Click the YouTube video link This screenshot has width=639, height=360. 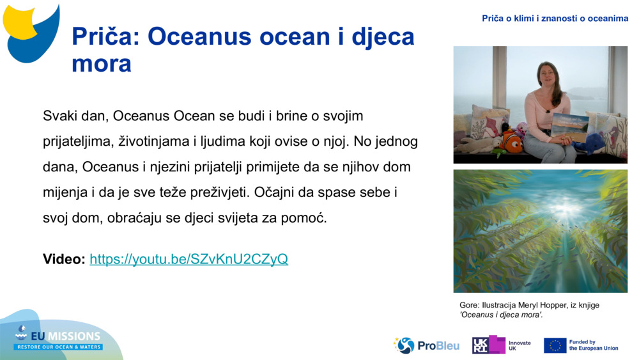(x=189, y=259)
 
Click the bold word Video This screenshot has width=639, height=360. (x=63, y=259)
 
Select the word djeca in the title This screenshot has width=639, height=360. (x=376, y=37)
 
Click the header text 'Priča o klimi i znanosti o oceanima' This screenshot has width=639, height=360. (x=555, y=19)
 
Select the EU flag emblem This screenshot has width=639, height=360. (x=555, y=345)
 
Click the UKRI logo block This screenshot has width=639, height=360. (x=488, y=345)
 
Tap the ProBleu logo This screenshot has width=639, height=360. (x=426, y=345)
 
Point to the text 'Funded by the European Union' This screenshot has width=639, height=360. (x=593, y=345)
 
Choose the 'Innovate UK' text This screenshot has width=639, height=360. (x=520, y=345)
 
